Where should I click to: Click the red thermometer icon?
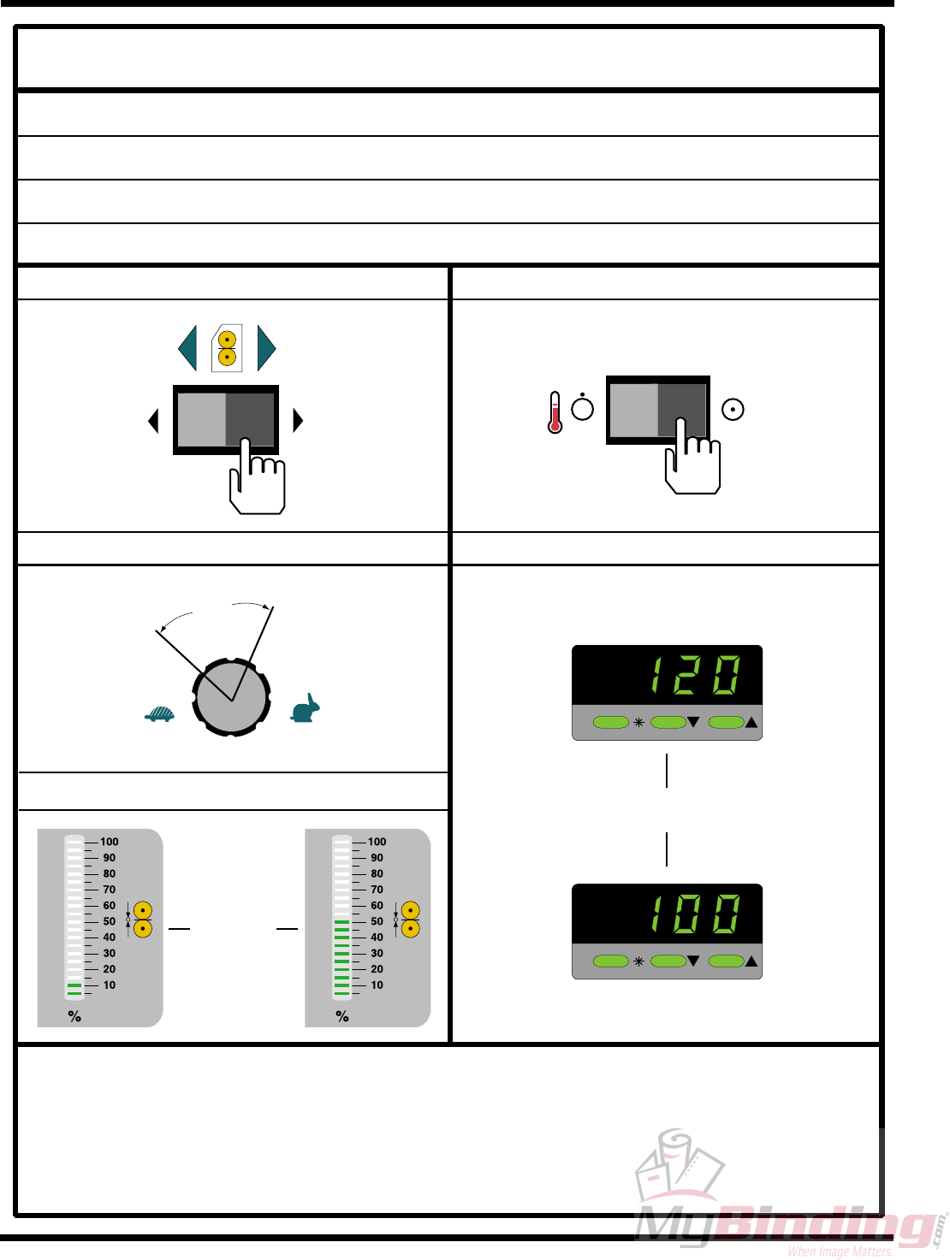[555, 412]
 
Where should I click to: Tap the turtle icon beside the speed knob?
[159, 713]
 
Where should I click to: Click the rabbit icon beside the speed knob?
[306, 709]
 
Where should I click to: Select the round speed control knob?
[231, 697]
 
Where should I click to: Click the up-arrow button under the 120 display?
[727, 723]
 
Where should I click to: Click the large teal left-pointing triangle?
[188, 347]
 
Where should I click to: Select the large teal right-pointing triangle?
[265, 347]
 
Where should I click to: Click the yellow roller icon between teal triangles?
[227, 348]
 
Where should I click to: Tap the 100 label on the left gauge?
[110, 842]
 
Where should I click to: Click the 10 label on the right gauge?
[377, 985]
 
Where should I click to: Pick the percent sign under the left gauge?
[74, 1016]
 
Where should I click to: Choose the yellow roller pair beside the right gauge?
[411, 920]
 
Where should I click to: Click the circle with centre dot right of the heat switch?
[733, 410]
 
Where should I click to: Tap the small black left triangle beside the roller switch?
[153, 420]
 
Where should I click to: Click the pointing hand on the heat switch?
[692, 458]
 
